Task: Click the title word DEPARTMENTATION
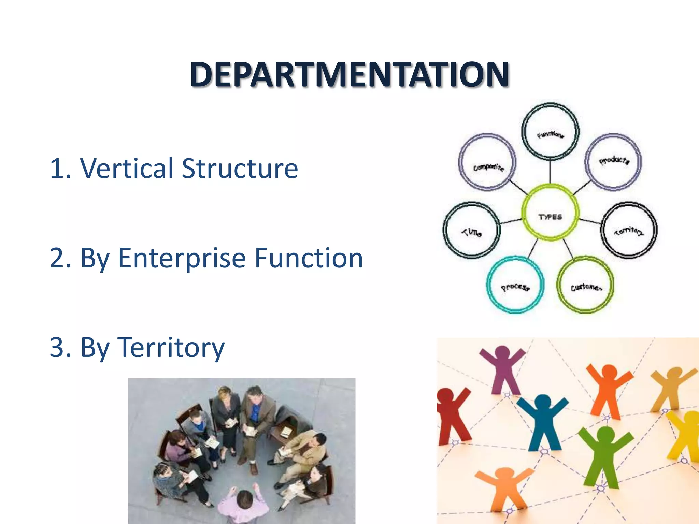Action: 349,74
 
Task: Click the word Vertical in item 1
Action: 127,168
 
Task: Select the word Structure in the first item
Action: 240,168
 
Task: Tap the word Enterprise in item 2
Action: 182,258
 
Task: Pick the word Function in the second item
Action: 309,258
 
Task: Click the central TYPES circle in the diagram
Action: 550,213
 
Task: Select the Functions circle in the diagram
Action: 550,131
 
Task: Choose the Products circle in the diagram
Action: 613,161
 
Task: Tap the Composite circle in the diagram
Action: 487,162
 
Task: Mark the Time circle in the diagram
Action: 472,230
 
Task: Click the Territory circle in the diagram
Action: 629,230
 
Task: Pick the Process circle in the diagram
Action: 515,285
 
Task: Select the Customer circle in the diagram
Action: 585,285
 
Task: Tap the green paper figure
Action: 604,454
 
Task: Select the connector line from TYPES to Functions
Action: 550,172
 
